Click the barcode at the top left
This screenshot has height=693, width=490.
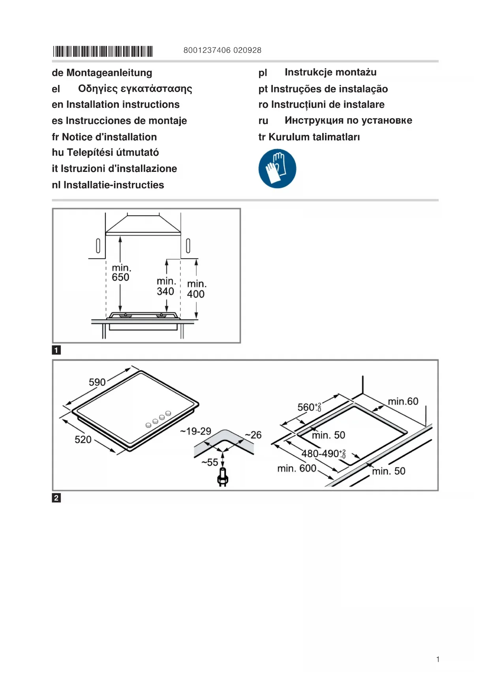point(103,51)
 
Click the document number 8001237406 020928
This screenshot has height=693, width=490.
point(222,50)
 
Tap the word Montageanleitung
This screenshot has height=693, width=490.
point(109,73)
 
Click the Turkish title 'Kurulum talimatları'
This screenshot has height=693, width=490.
point(314,137)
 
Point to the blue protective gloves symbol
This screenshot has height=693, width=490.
point(277,168)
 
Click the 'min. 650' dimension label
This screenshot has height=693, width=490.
point(121,273)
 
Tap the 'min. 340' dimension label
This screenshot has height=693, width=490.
point(166,286)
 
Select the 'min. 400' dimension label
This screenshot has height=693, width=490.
point(196,289)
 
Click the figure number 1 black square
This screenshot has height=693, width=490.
point(56,350)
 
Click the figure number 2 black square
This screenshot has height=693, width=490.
point(56,498)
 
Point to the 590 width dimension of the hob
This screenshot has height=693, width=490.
point(97,382)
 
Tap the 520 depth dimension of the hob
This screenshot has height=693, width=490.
point(83,439)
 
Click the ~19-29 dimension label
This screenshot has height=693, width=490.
point(196,431)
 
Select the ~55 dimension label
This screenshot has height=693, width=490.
point(210,462)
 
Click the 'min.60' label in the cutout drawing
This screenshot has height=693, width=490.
point(403,401)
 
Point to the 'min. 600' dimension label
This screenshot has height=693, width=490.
point(297,469)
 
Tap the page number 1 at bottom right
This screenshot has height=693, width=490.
point(438,659)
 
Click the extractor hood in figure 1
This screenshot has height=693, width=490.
point(143,224)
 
